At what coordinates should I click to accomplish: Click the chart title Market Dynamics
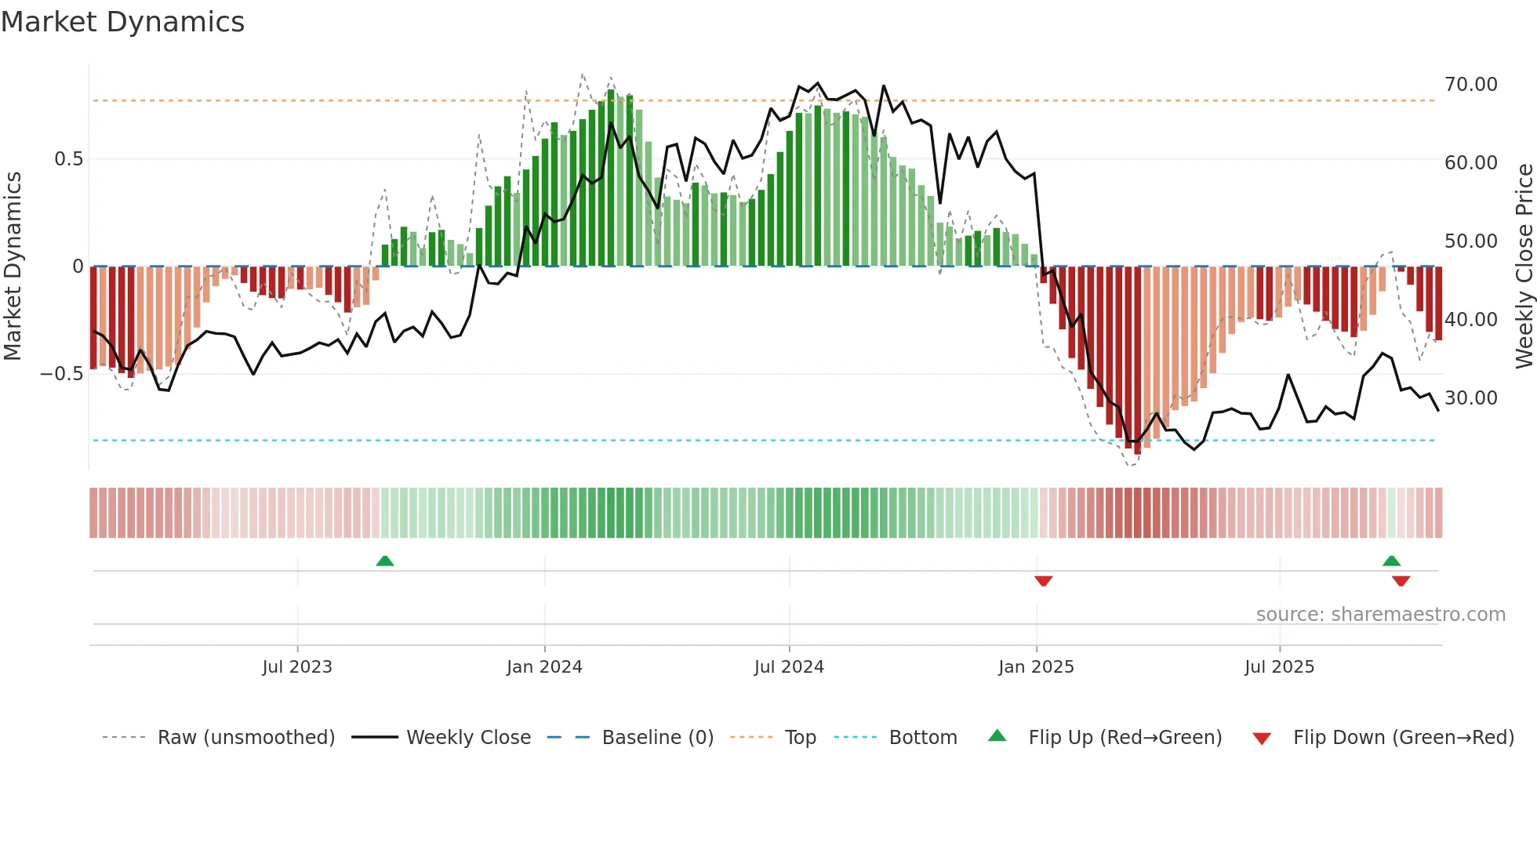click(122, 22)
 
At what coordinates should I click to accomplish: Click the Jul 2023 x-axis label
click(297, 667)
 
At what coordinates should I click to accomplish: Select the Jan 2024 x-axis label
click(544, 667)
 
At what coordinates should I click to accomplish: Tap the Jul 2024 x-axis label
click(789, 667)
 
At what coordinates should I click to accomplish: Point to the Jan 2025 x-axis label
click(1036, 667)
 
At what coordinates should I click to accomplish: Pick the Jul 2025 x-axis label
click(1279, 667)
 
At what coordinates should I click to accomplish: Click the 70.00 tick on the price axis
click(1470, 85)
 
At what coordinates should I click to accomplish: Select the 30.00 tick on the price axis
click(1470, 398)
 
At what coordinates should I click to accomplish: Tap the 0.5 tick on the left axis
click(68, 159)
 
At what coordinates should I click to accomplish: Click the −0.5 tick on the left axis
click(62, 374)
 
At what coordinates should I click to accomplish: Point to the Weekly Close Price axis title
click(1524, 266)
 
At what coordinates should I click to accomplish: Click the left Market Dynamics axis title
click(13, 266)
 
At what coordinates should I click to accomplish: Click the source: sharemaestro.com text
click(1380, 615)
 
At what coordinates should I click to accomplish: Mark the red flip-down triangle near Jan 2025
click(1043, 581)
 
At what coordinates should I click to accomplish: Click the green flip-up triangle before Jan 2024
click(384, 561)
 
